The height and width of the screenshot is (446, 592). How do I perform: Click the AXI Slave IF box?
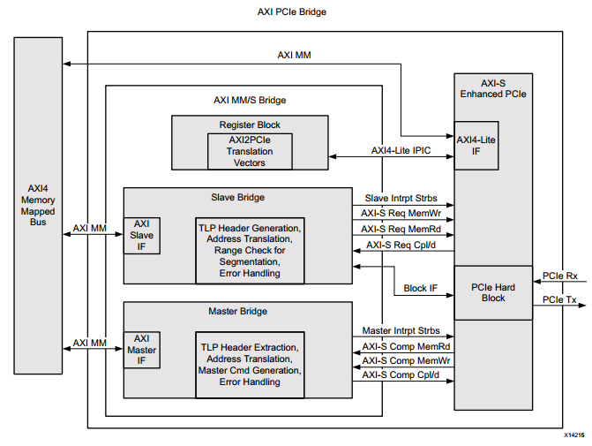coord(142,235)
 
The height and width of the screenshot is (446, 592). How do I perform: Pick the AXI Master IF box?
coord(142,350)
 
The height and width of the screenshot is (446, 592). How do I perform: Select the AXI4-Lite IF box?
coord(476,145)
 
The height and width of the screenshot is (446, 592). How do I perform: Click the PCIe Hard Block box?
coord(493,291)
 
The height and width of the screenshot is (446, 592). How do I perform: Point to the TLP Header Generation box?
coord(250,250)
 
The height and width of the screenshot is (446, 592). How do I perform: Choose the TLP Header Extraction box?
coord(250,364)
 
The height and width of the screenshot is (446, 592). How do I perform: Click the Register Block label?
coord(250,125)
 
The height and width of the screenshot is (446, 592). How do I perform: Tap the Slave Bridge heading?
coord(237,196)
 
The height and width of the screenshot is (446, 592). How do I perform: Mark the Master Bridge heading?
coord(237,311)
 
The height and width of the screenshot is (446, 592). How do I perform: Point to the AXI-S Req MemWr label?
coord(402,213)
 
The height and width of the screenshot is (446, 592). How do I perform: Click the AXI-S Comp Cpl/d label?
coord(402,375)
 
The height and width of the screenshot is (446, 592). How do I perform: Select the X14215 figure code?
coord(574,436)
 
